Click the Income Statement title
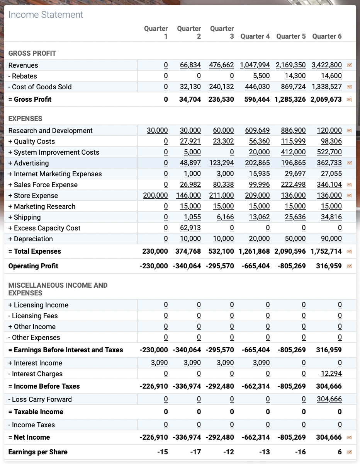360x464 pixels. (x=46, y=15)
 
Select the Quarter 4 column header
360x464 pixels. (x=255, y=36)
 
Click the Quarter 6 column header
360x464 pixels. (x=327, y=36)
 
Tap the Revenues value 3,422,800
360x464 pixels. (x=326, y=65)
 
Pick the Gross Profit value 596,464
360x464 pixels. (x=257, y=99)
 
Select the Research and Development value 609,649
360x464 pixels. (x=257, y=131)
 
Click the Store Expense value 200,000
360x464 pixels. (x=155, y=196)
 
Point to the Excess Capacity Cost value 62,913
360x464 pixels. (x=190, y=228)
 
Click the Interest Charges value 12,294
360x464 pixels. (x=331, y=374)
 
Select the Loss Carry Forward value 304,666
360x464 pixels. (x=329, y=399)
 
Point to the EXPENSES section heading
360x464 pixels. (x=25, y=119)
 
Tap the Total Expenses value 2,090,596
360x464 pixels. (x=290, y=251)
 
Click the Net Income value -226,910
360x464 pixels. (x=153, y=437)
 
